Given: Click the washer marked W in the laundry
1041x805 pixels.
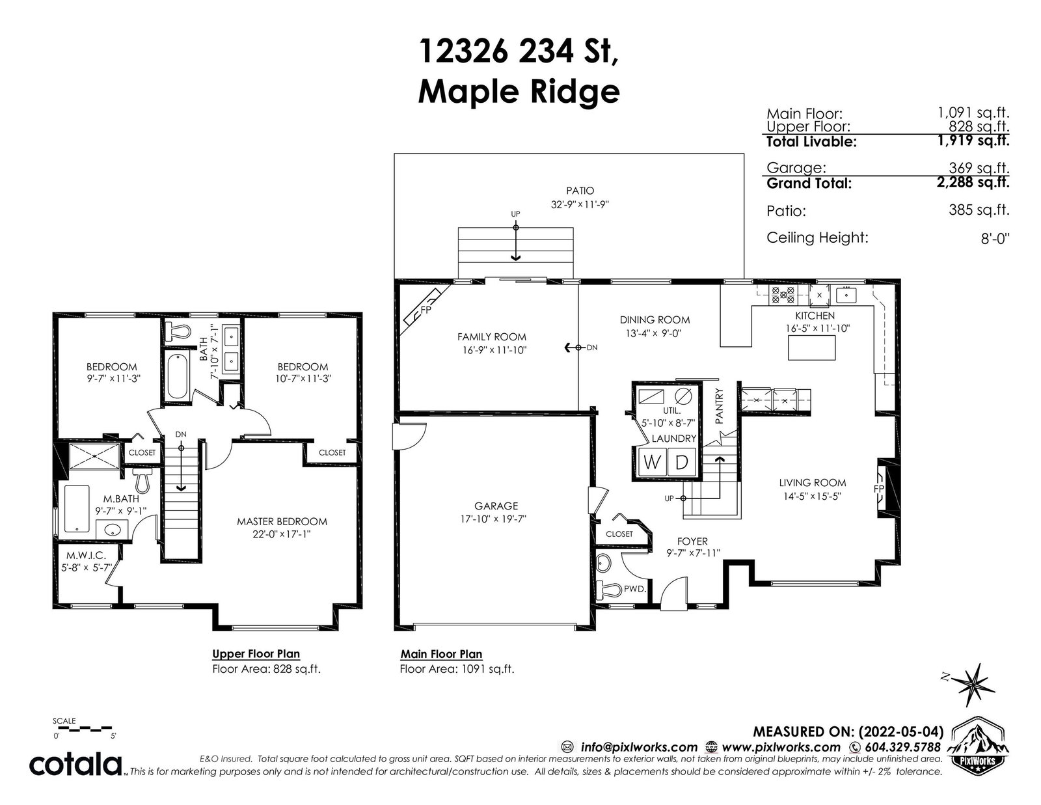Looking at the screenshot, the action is [651, 463].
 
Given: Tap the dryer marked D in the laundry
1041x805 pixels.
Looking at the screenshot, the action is [681, 463].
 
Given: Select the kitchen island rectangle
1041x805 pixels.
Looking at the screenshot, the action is [811, 348].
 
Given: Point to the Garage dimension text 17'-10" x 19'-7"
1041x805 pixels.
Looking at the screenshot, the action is [493, 519].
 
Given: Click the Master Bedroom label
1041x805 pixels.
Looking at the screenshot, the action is [282, 521].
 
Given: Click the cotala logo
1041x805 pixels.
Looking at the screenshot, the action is [77, 765].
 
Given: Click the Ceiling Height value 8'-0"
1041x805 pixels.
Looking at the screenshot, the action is [995, 238].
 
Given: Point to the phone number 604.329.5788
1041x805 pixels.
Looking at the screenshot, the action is [902, 747].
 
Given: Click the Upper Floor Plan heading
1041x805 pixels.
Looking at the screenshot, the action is [256, 654].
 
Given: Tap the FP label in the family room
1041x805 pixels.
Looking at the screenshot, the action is [426, 310].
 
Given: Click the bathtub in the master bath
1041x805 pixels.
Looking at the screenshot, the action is [77, 509].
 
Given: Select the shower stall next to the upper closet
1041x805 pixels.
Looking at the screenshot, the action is [94, 455].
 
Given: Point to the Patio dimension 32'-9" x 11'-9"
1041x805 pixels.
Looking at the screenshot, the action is [580, 204].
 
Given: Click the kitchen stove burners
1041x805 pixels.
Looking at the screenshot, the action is [781, 295].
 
